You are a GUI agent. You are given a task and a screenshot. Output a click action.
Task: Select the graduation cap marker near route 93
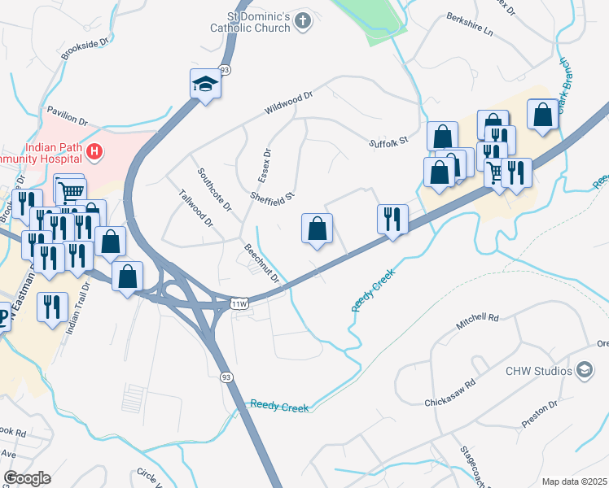point(205,84)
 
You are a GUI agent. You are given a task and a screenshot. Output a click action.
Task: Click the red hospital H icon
point(94,150)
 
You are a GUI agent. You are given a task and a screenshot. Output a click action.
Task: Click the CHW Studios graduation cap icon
point(584,371)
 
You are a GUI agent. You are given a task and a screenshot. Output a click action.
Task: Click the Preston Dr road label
point(539,415)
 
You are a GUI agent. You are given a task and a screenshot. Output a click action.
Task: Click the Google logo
point(27,478)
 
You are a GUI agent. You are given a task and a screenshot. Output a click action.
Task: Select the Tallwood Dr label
point(195,208)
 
